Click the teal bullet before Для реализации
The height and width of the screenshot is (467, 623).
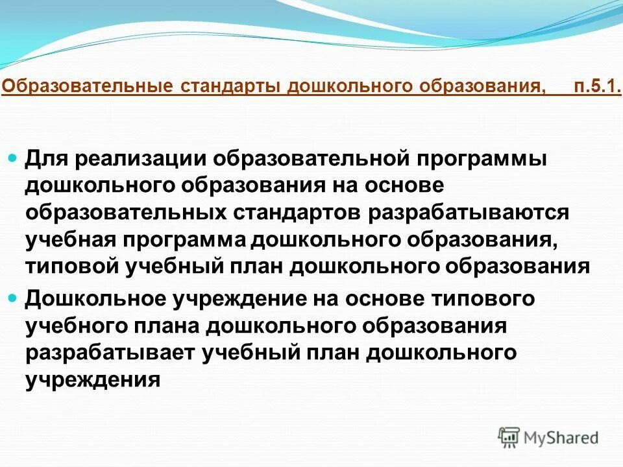14,158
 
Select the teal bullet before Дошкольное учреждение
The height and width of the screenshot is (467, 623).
14,298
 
